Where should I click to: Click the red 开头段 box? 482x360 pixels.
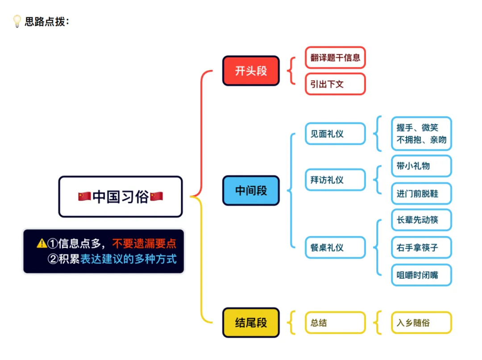click(251, 71)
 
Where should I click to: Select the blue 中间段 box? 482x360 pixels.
click(251, 191)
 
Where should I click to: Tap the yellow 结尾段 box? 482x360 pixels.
click(251, 322)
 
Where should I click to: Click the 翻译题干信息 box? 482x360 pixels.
click(335, 58)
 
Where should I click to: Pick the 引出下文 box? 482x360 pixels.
click(335, 84)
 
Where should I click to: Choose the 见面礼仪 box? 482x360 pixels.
click(335, 134)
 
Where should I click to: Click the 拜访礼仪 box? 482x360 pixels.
click(335, 180)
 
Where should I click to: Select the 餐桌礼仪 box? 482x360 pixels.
click(335, 247)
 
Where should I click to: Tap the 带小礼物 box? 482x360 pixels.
click(421, 166)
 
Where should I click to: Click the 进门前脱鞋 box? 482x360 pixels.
click(421, 194)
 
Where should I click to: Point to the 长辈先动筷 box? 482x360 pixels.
click(421, 220)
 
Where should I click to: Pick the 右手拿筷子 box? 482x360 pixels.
click(421, 247)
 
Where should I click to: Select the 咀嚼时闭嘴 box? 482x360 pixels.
click(421, 275)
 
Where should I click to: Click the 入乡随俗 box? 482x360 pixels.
click(421, 322)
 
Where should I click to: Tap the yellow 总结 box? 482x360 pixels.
click(335, 322)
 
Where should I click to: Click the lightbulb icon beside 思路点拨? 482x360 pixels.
click(17, 21)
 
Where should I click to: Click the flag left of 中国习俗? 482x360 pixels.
click(84, 197)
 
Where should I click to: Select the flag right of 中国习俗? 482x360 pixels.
click(157, 197)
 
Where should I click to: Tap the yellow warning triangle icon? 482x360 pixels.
click(42, 243)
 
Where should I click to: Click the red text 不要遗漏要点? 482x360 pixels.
click(144, 243)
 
